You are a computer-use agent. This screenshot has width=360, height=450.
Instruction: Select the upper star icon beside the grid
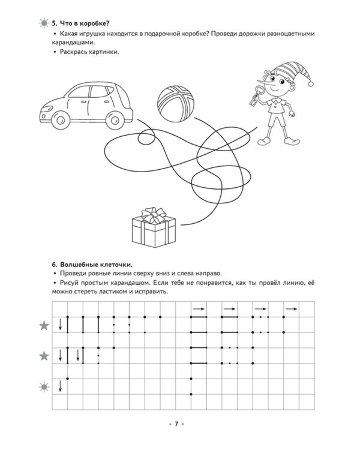point(44,326)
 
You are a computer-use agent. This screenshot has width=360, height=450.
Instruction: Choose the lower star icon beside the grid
point(44,356)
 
